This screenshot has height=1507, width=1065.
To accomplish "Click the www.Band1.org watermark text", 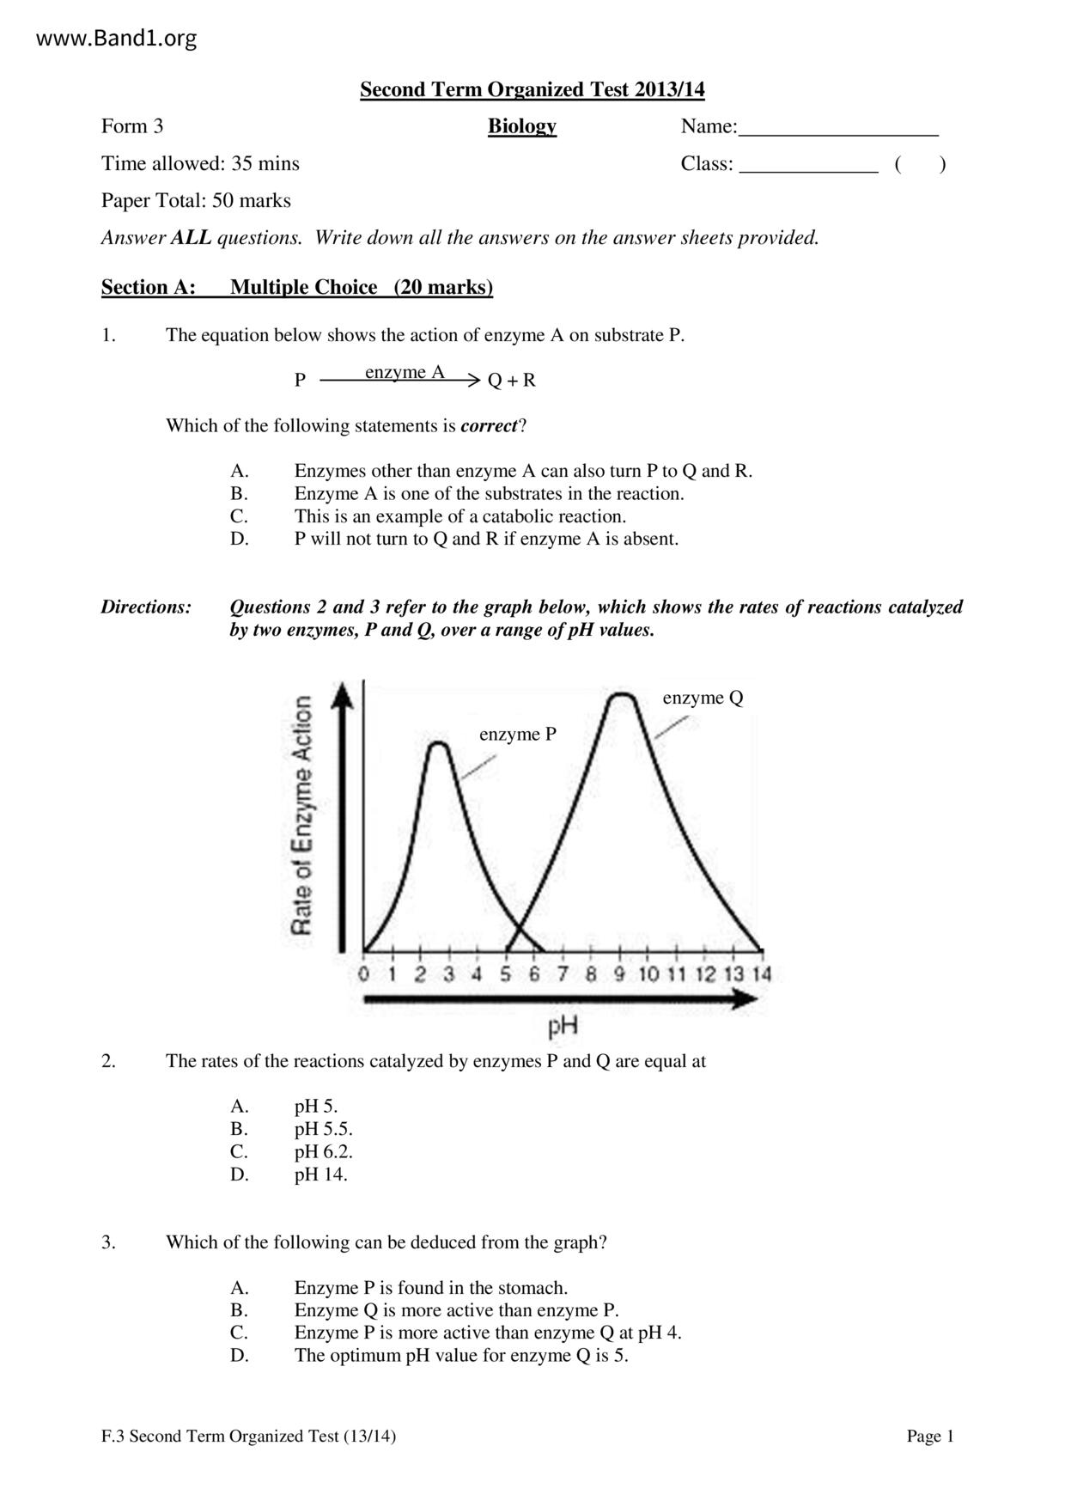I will tap(117, 39).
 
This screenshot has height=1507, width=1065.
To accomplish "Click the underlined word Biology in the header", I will tap(521, 126).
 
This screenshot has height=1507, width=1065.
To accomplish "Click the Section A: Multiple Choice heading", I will tap(297, 287).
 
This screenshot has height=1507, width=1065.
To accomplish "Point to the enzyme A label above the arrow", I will tap(405, 372).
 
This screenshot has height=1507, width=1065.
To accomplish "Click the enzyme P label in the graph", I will tap(517, 734).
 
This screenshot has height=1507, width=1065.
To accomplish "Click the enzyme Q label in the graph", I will tap(703, 698).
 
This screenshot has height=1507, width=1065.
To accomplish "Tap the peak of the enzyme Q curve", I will tap(621, 693).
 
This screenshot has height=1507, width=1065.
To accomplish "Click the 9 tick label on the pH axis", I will tap(620, 973).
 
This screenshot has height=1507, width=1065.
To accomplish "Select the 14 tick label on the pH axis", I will tap(762, 973).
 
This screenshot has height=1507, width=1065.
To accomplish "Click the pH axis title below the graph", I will tap(563, 1025).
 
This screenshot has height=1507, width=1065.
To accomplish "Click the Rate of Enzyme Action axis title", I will tap(301, 815).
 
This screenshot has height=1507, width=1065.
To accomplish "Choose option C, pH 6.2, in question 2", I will tap(323, 1151).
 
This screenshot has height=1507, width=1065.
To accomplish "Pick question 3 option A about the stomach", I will tap(430, 1287).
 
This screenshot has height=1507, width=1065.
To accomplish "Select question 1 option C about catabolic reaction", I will tap(459, 516).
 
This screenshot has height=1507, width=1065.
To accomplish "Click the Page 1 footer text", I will tap(930, 1436).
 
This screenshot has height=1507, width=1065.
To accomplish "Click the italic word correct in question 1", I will tap(489, 425).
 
